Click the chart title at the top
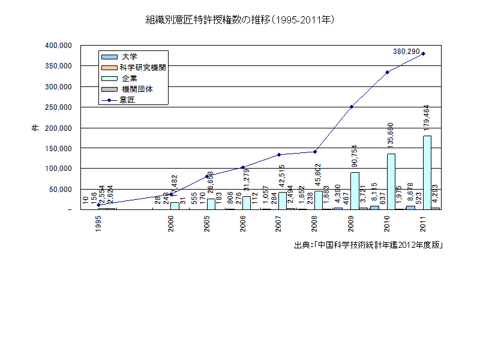tap(240, 20)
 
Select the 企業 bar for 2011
tap(427, 173)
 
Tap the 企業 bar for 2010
tap(391, 182)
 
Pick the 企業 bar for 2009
tap(355, 191)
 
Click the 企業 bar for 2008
tap(319, 200)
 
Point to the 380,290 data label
tap(406, 52)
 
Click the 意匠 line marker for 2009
tap(351, 107)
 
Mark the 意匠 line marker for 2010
tap(387, 72)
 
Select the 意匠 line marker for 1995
tap(98, 205)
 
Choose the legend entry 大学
tap(130, 56)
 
